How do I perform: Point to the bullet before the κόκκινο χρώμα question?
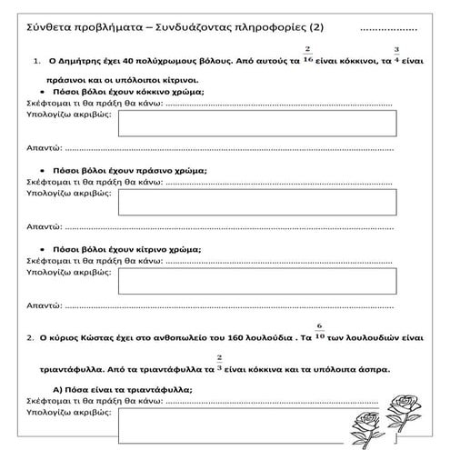click(x=44, y=93)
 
